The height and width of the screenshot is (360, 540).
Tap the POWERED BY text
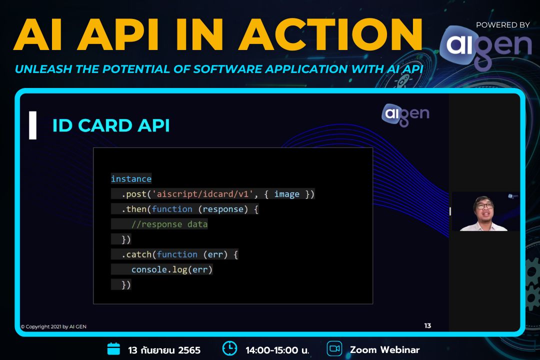click(502, 25)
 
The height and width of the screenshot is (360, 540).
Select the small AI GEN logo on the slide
click(405, 113)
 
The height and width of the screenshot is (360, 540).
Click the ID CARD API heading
click(111, 126)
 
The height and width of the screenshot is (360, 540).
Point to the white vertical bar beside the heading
click(33, 125)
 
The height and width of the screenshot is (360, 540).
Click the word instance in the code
click(131, 179)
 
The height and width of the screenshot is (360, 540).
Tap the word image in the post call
click(287, 194)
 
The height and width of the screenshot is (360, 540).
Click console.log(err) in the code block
click(172, 269)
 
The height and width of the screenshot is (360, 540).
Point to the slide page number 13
click(427, 326)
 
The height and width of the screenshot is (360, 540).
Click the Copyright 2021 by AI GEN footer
click(53, 327)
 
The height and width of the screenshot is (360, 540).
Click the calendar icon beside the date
click(114, 348)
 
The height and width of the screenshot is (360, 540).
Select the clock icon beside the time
click(229, 348)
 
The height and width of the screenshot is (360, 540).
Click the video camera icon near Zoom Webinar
click(334, 348)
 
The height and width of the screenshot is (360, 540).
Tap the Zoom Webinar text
click(384, 349)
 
